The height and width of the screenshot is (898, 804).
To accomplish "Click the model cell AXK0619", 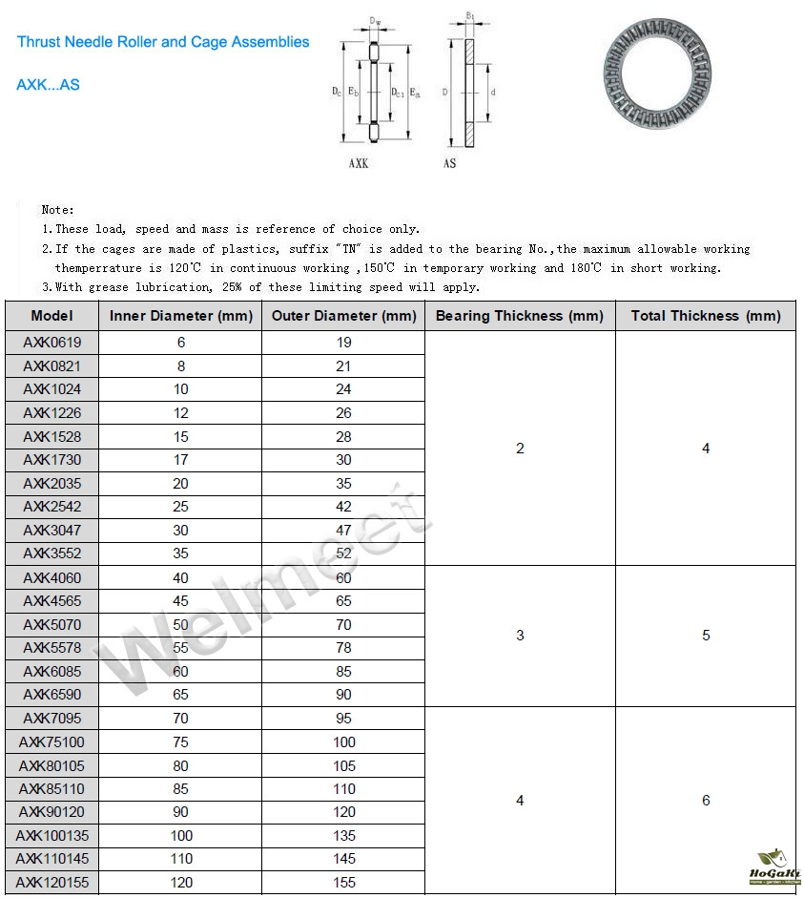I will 52,343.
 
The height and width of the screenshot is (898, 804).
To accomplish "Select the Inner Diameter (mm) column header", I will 181,316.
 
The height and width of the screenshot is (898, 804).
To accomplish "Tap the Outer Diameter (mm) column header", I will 343,316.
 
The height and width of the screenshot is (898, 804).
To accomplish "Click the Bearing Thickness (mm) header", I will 520,316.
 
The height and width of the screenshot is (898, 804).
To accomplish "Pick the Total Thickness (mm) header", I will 706,316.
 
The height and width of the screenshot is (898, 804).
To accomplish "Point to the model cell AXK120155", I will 52,883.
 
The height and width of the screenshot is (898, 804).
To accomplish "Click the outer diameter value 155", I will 343,883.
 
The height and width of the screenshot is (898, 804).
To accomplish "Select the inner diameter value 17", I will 181,460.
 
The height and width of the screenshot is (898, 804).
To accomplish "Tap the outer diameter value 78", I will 343,648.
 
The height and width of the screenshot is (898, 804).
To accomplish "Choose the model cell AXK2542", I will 52,507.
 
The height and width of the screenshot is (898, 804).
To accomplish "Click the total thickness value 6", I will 706,801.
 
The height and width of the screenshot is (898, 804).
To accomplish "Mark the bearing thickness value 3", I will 520,636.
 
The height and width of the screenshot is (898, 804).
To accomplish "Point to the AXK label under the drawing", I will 358,164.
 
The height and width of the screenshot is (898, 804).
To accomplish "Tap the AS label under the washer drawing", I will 450,164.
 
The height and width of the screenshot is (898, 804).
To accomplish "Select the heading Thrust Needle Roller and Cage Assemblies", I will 163,42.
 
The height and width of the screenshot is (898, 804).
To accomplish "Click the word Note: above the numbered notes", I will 57,209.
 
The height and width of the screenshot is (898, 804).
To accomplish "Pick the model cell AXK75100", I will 52,741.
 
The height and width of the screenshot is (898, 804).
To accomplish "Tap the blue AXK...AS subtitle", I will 48,85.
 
